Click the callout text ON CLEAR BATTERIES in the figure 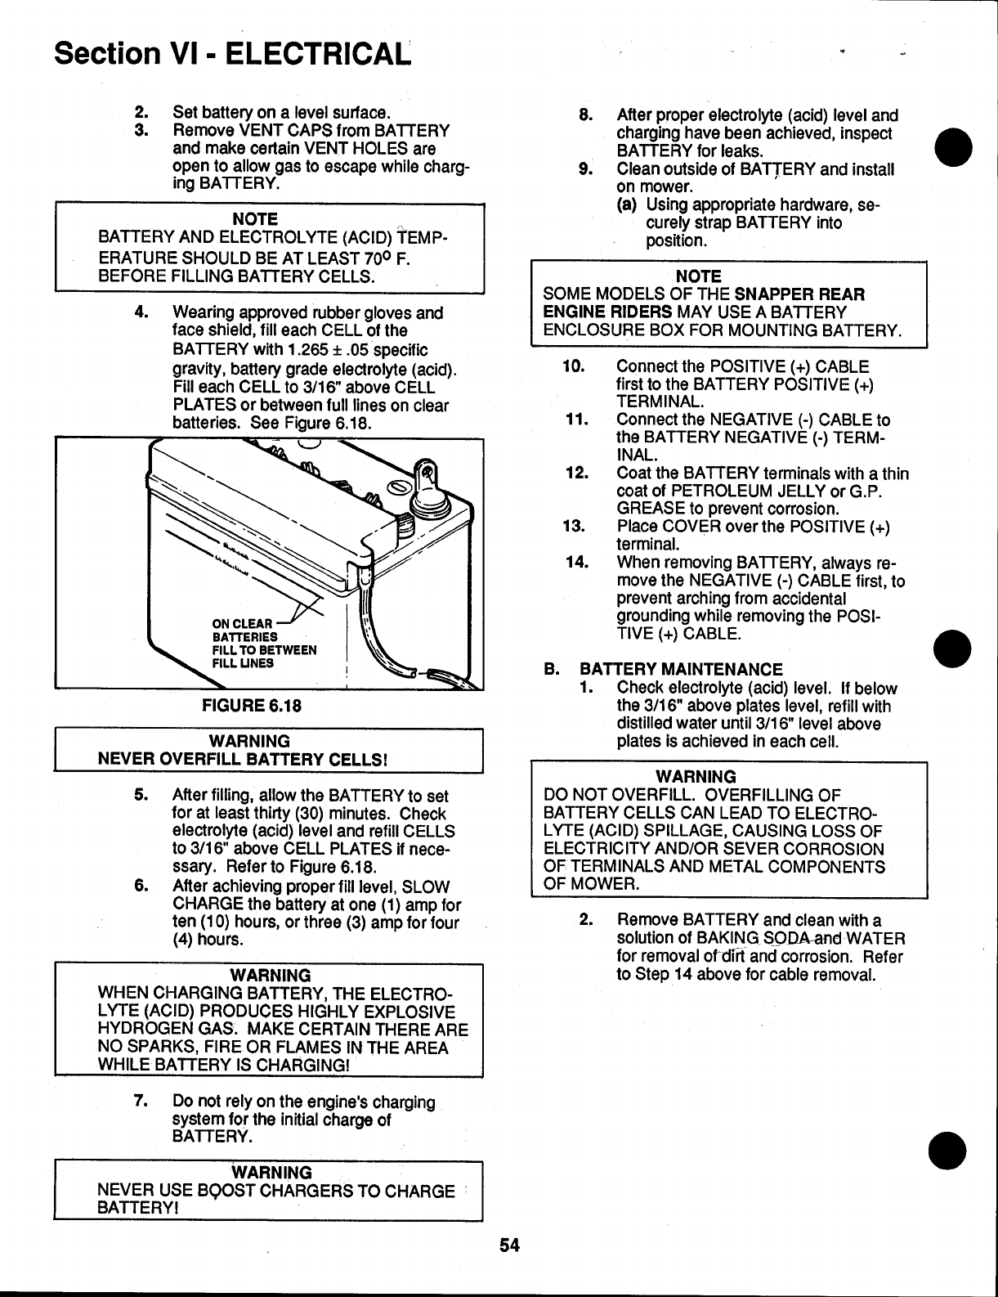point(245,631)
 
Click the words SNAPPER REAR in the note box point(799,294)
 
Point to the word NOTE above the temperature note point(255,219)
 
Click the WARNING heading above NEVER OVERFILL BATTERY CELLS point(249,741)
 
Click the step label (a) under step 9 point(628,205)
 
